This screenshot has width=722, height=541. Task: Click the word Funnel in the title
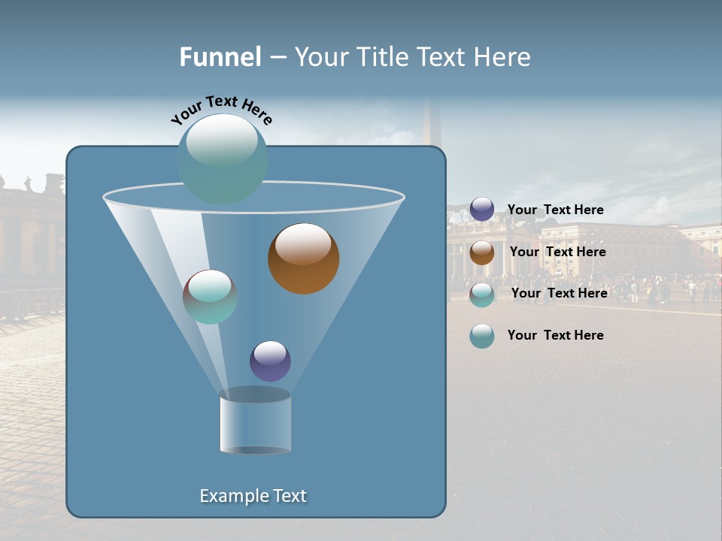point(220,57)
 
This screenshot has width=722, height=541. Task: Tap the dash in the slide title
point(277,57)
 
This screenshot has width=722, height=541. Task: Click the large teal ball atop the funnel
point(222,159)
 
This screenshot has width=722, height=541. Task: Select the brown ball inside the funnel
point(303,258)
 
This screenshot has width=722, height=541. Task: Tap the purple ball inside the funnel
point(270,361)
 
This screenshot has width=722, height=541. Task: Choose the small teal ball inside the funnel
point(210,297)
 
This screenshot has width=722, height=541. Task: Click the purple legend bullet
point(482,210)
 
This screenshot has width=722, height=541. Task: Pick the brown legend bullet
point(482,252)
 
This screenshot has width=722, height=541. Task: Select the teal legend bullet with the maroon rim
point(482,294)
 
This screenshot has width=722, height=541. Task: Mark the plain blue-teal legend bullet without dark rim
point(482,336)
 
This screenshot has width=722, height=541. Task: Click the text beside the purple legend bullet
point(555,210)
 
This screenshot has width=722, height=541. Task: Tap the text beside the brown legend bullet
point(557,252)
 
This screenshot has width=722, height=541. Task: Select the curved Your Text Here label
point(221,110)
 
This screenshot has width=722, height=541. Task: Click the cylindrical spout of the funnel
point(255,422)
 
